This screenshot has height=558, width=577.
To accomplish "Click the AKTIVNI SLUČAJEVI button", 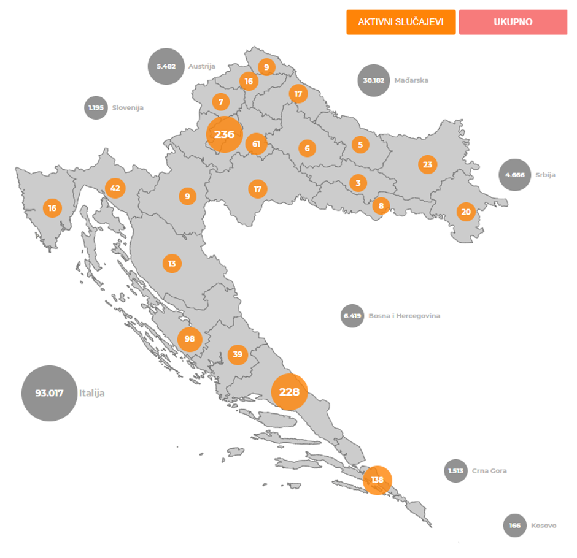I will point(401,22).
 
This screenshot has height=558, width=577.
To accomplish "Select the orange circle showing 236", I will point(225,134).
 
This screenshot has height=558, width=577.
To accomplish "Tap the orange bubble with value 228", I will point(289,392).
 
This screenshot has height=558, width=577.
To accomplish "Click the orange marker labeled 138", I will point(378,480).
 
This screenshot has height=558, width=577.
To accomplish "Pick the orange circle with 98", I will point(190,339).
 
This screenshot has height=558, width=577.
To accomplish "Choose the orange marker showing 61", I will point(257,145).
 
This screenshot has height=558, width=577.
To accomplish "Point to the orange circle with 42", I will point(115,188).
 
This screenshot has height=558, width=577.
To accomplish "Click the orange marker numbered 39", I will point(238,354).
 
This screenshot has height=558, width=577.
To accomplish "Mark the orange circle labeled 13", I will point(172,264).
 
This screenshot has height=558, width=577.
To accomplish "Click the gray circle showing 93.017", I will point(49,393).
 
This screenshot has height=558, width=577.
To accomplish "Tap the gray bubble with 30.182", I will point(373,80).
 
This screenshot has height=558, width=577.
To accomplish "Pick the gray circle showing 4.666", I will point(514,175).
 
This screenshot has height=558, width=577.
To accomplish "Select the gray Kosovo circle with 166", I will point(514,526).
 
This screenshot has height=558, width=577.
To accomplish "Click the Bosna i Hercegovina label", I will point(404,316).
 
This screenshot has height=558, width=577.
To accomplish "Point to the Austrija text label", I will point(202,66).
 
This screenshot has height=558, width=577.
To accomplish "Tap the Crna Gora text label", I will point(489,471).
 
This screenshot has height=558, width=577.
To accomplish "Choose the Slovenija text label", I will point(128,108).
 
